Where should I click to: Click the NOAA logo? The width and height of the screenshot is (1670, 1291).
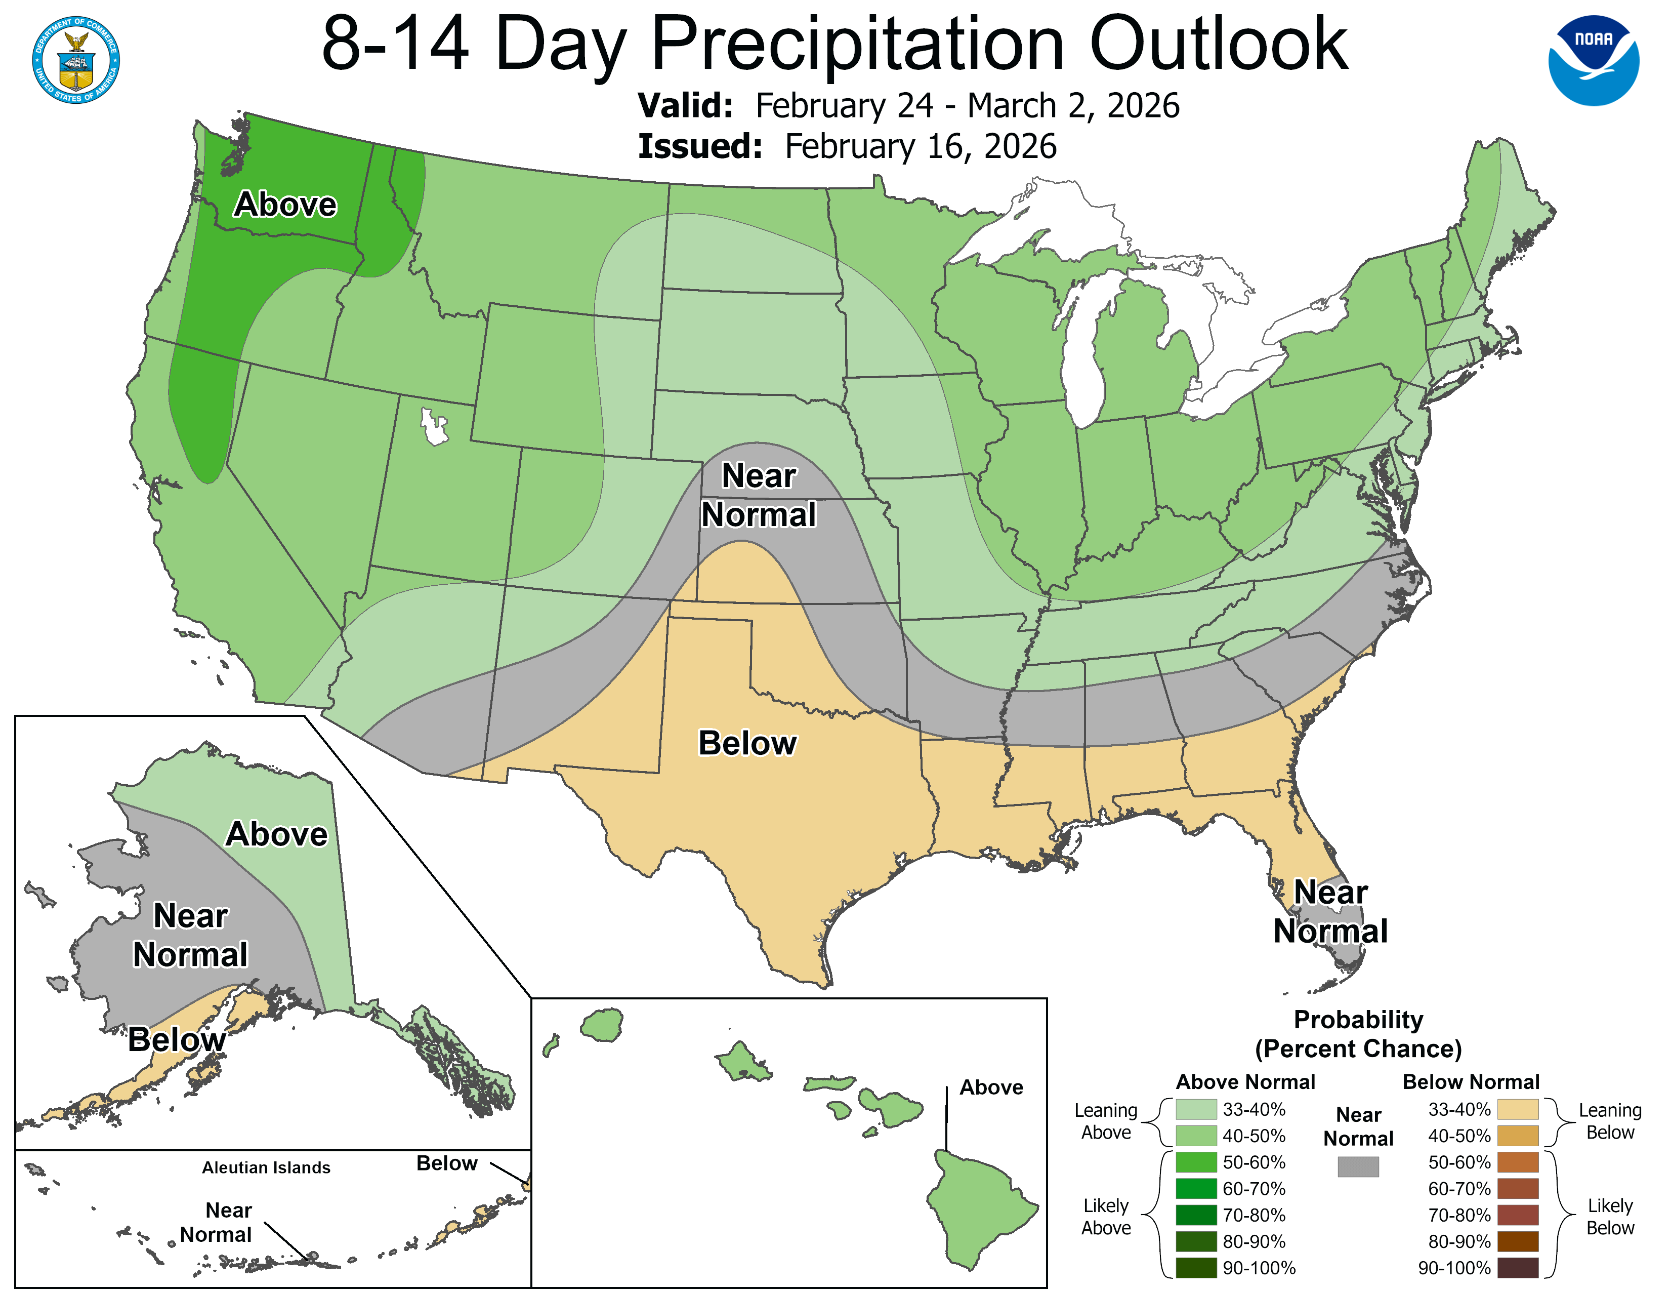[1594, 60]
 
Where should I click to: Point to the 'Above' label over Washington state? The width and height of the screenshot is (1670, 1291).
[285, 204]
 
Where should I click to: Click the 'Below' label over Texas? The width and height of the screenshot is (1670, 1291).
[747, 743]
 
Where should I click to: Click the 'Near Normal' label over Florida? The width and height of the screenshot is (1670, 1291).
[1330, 912]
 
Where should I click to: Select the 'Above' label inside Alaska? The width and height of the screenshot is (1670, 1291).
[277, 834]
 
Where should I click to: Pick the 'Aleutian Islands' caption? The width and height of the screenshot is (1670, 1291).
[266, 1167]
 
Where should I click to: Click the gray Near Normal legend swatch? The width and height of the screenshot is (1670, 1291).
[1358, 1166]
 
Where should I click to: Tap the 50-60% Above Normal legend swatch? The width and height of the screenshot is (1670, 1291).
[1196, 1162]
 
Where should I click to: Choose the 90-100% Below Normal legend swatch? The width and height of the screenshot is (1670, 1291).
[1517, 1268]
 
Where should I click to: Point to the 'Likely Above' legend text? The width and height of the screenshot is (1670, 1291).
[1106, 1217]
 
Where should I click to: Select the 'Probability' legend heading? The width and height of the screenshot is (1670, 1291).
[1358, 1020]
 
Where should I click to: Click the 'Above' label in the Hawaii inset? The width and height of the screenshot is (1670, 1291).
[991, 1087]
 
